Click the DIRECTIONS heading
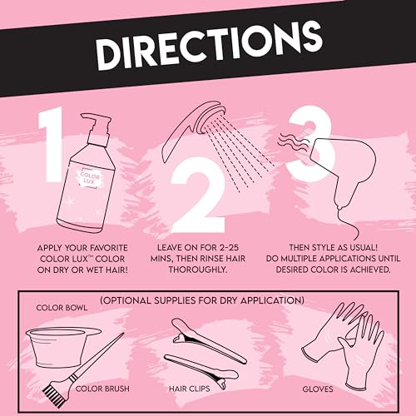[210, 47]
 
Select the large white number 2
[197, 195]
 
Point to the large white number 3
[310, 143]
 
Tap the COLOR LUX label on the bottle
[89, 178]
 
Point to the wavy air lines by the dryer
[294, 142]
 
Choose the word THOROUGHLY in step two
[198, 270]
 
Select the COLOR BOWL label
[62, 308]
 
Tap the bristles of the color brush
[54, 394]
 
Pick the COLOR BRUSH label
[102, 389]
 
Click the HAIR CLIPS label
[190, 389]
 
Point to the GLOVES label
[318, 389]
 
